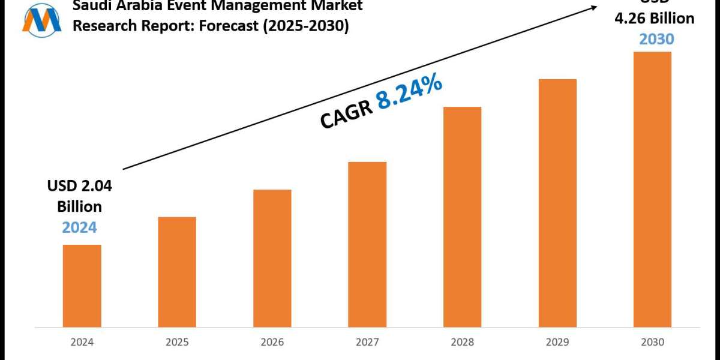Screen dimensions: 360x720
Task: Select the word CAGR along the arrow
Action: (345, 115)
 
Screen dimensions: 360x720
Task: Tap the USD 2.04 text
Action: (80, 187)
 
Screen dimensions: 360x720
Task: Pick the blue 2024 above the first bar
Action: (80, 227)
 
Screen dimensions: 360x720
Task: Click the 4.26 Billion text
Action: (654, 19)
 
